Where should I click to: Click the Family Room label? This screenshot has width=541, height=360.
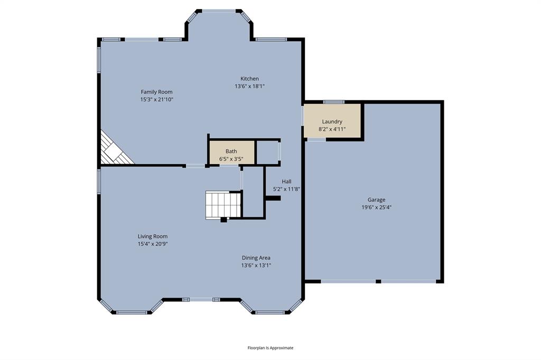pyautogui.click(x=156, y=92)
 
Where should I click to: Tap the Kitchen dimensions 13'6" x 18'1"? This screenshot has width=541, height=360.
pyautogui.click(x=249, y=86)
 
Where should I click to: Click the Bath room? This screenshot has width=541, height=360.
pyautogui.click(x=231, y=152)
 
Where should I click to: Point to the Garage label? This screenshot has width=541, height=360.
pyautogui.click(x=376, y=200)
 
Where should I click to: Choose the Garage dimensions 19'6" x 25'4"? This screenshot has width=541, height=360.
pyautogui.click(x=376, y=207)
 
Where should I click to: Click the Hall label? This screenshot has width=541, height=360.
pyautogui.click(x=286, y=182)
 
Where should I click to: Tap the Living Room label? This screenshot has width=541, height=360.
pyautogui.click(x=153, y=236)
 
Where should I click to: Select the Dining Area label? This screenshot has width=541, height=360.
pyautogui.click(x=256, y=258)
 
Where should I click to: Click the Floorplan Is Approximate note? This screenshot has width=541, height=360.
pyautogui.click(x=270, y=348)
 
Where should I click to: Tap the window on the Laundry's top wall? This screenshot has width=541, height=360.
pyautogui.click(x=333, y=101)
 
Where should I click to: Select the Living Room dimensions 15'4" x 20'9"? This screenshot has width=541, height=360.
pyautogui.click(x=153, y=244)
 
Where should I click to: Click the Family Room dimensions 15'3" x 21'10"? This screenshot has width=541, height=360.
pyautogui.click(x=156, y=99)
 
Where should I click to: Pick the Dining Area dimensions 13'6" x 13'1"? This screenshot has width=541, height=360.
pyautogui.click(x=256, y=266)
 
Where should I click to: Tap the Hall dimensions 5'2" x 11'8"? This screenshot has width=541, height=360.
pyautogui.click(x=286, y=189)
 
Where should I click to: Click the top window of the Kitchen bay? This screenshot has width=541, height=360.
pyautogui.click(x=219, y=10)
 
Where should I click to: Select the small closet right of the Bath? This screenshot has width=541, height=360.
pyautogui.click(x=268, y=152)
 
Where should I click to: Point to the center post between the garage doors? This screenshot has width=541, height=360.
pyautogui.click(x=378, y=281)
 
